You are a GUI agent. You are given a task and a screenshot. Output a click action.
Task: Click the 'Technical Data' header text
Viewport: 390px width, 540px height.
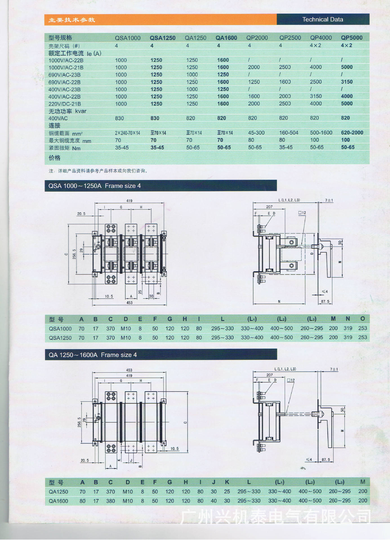click(322, 19)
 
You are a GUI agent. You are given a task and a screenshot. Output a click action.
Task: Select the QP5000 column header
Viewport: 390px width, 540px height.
click(352, 38)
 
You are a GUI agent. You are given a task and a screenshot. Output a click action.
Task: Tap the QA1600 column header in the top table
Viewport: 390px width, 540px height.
click(226, 38)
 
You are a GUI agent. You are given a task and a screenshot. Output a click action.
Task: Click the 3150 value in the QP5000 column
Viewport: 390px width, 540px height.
click(347, 82)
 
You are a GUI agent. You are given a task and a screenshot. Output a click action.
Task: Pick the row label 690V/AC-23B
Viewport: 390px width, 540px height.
click(64, 75)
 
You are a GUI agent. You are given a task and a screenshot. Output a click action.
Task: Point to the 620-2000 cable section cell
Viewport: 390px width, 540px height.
click(352, 132)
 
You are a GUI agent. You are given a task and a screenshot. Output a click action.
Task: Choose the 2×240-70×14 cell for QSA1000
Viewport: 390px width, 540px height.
click(127, 133)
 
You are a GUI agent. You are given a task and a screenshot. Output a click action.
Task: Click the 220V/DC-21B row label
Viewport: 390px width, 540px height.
click(64, 104)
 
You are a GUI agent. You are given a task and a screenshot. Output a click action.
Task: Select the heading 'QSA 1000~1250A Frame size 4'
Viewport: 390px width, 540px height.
click(95, 186)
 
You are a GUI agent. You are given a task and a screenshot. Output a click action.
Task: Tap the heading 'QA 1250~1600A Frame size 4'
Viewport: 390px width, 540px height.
click(93, 355)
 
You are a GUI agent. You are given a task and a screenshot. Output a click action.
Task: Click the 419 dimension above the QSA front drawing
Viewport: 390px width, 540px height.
click(129, 201)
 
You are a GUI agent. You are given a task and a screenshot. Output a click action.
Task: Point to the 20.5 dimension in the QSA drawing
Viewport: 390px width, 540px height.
click(81, 214)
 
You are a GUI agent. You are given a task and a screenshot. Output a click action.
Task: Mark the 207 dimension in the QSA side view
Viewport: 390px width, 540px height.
click(269, 207)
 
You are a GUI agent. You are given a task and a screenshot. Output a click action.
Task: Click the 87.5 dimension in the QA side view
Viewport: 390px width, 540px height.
click(326, 460)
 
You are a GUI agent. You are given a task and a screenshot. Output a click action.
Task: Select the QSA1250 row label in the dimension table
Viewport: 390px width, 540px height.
click(60, 338)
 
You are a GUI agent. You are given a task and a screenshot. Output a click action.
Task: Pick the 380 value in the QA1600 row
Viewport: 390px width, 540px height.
click(110, 501)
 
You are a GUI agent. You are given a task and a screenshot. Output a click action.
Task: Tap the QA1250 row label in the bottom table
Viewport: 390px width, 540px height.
click(59, 492)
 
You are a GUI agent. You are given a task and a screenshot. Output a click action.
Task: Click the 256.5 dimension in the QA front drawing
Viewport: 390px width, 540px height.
click(79, 422)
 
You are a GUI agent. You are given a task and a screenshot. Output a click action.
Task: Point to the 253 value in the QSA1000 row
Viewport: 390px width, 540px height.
click(362, 328)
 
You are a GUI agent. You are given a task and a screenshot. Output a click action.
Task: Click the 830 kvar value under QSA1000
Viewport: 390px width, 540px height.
click(119, 118)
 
